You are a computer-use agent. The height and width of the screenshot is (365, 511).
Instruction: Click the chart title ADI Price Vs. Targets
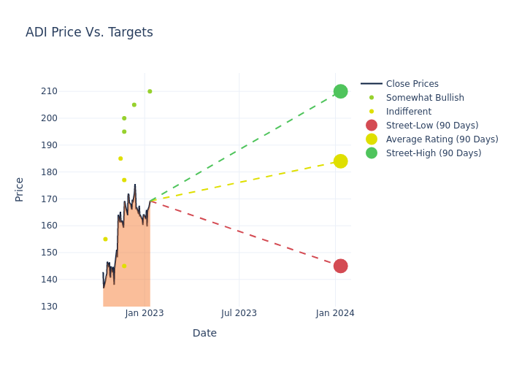tap(89, 32)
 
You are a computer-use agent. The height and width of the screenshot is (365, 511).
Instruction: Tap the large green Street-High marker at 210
tap(340, 91)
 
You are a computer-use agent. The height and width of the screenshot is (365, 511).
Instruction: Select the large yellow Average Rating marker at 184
tap(340, 161)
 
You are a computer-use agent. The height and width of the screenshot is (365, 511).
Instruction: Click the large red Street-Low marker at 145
tap(340, 266)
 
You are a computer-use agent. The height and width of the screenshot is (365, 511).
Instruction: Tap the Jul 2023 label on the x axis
tap(239, 313)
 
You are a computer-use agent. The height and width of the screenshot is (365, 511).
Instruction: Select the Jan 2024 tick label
tap(335, 313)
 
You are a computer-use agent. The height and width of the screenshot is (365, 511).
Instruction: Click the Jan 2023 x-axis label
tap(145, 313)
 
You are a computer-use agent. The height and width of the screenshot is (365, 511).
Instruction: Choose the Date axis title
tap(204, 334)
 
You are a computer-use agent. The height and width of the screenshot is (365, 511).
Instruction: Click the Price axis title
tap(20, 189)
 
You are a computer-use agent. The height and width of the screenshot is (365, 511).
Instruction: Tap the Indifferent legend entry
tap(408, 112)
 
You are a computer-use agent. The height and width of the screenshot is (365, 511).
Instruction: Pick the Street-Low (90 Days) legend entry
tap(431, 126)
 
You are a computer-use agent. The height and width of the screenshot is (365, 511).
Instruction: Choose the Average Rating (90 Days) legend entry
tap(442, 139)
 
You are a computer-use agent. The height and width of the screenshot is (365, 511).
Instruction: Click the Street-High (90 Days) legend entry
tap(433, 153)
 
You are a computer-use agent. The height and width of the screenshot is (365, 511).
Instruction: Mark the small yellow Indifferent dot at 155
tap(105, 239)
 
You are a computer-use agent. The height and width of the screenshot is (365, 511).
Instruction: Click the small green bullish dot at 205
tap(134, 104)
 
